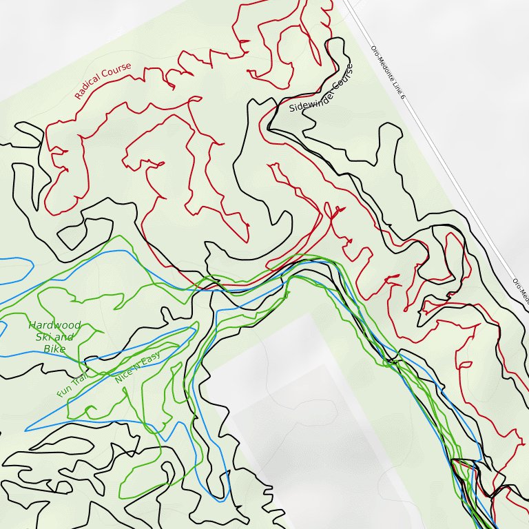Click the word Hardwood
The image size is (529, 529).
pos(54,325)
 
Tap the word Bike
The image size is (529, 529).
pos(54,349)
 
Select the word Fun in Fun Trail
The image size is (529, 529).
pos(63,391)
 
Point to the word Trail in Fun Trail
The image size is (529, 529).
pos(78,377)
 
